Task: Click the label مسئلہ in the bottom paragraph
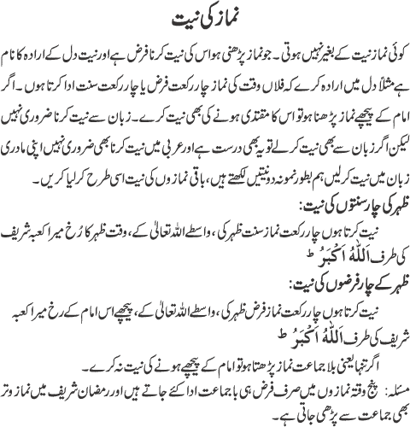[x=388, y=391]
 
